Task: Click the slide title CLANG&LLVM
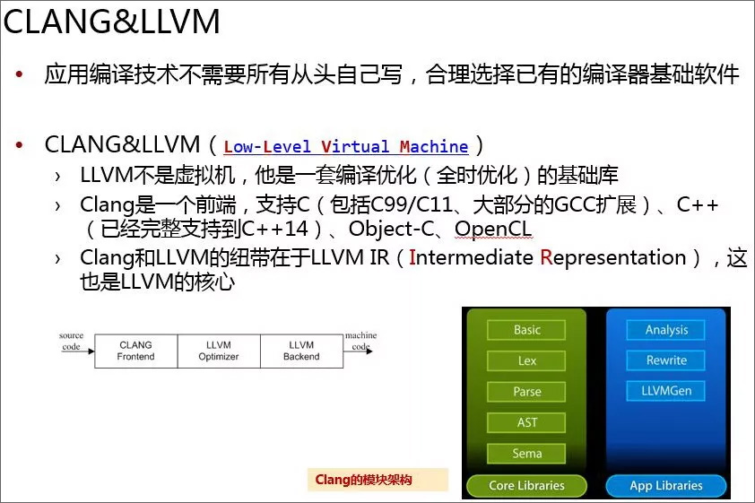[111, 22]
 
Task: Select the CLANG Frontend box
[135, 351]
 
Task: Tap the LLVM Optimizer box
[219, 351]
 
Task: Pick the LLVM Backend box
[301, 351]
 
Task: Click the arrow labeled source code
[79, 351]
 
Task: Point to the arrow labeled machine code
[358, 351]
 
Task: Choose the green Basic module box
[526, 330]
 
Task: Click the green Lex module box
[526, 361]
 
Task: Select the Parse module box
[526, 392]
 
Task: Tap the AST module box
[526, 422]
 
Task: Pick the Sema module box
[526, 454]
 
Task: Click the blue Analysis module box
[666, 330]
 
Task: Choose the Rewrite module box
[666, 360]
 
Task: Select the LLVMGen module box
[666, 391]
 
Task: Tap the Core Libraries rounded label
[526, 486]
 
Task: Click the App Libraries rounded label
[666, 486]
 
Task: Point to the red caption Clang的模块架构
[363, 480]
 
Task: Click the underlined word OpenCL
[493, 230]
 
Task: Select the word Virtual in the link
[355, 146]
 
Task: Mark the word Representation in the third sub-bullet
[613, 258]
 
